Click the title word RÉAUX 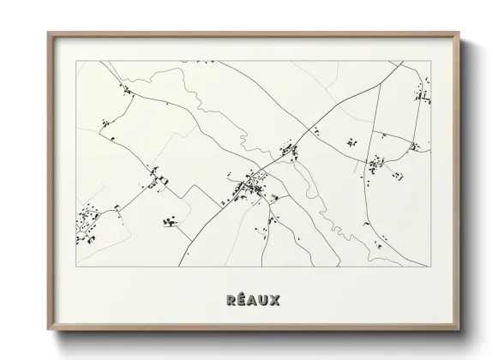(x=252, y=301)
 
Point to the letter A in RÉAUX (x=252, y=301)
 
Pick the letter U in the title (x=265, y=301)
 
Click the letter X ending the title (x=277, y=301)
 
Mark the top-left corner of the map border (x=77, y=62)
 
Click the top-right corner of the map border (x=429, y=62)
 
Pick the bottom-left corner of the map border (x=77, y=267)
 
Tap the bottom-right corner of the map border (x=429, y=267)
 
